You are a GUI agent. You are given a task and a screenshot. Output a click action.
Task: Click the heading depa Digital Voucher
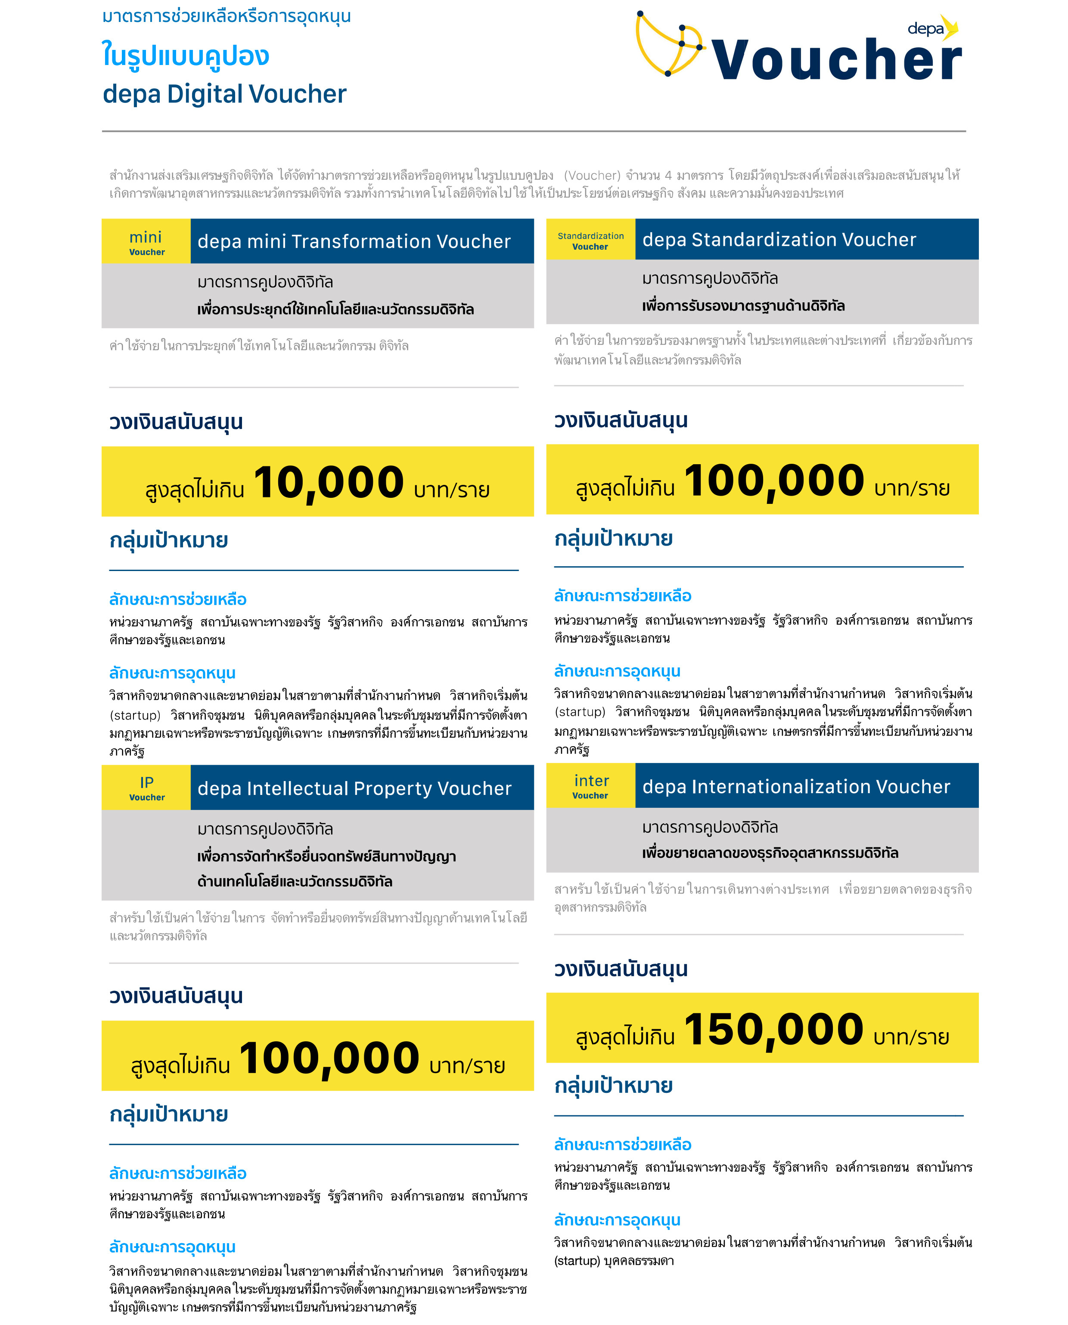click(224, 94)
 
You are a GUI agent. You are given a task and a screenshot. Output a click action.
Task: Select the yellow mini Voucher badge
click(146, 242)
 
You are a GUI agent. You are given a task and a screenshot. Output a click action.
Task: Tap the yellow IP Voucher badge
click(146, 788)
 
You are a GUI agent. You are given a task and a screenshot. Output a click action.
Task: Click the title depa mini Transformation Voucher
click(354, 242)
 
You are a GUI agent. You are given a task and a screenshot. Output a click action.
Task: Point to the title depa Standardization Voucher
click(779, 240)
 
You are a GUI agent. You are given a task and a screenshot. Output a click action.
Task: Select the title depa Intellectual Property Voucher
click(354, 788)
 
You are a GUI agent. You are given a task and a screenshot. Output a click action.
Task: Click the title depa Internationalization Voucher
click(796, 787)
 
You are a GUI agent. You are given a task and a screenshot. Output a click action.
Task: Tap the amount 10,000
click(329, 482)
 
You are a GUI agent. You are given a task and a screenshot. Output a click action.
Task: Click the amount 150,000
click(773, 1029)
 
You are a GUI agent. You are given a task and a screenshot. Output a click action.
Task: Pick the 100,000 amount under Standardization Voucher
click(774, 481)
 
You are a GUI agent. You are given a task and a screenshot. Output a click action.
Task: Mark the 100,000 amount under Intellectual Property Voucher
click(329, 1058)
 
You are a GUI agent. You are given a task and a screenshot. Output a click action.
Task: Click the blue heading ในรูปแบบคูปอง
click(185, 56)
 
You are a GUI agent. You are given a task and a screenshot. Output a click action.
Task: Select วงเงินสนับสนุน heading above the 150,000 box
click(620, 969)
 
